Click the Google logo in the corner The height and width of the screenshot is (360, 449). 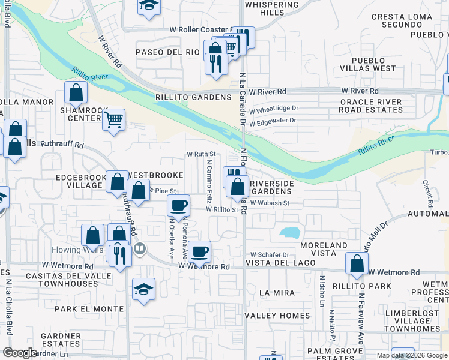pos(20,353)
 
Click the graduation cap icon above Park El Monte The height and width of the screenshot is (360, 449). pos(143,289)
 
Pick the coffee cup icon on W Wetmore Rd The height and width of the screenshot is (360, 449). pos(200,251)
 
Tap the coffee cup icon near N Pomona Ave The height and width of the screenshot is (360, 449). pos(178,206)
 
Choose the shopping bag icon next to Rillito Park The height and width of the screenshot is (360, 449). pos(357,263)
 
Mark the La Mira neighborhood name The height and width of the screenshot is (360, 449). pos(274,293)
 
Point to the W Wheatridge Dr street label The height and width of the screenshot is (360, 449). pos(274,110)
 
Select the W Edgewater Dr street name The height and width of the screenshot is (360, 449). pos(273,121)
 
